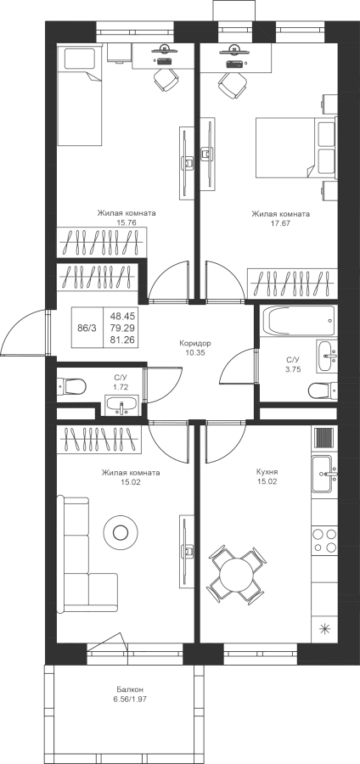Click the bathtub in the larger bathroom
tap(298, 321)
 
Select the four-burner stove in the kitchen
tap(324, 540)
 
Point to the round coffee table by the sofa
tap(120, 532)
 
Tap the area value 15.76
tap(126, 222)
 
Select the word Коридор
tap(194, 343)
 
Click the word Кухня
tap(267, 472)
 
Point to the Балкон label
tap(130, 690)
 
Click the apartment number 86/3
tap(87, 328)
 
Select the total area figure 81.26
tap(121, 340)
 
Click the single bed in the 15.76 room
tap(80, 95)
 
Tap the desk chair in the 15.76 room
tap(166, 79)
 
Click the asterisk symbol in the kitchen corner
tap(324, 628)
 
